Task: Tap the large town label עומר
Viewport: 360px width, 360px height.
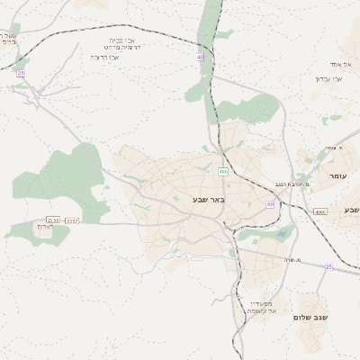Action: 339,177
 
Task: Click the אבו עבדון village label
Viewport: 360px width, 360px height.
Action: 329,78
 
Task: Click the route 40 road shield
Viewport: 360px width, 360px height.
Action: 199,58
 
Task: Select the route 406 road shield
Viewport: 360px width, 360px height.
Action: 222,171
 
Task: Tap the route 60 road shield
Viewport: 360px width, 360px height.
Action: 270,204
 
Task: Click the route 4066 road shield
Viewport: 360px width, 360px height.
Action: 319,212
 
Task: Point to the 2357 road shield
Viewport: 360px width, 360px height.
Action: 73,220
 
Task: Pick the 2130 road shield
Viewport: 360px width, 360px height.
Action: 53,220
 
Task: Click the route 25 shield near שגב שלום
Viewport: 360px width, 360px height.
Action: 328,267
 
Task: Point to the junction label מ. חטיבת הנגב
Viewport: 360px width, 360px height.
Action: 291,184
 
